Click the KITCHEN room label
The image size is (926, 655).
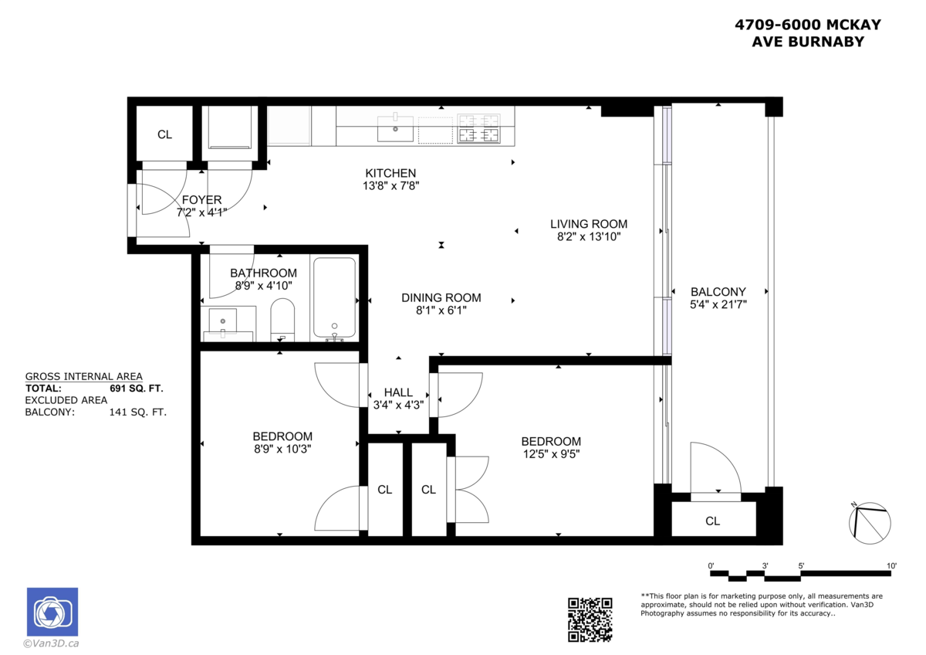pyautogui.click(x=390, y=173)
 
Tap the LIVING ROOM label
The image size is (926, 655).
pyautogui.click(x=588, y=224)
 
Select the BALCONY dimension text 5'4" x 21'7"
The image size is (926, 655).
pyautogui.click(x=718, y=304)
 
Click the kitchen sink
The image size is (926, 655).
pyautogui.click(x=395, y=130)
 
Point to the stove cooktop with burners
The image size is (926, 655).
pyautogui.click(x=478, y=129)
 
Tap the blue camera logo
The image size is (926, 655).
pyautogui.click(x=52, y=613)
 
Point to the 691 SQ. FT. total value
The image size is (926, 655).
pyautogui.click(x=136, y=389)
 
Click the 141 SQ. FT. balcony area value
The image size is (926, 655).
pyautogui.click(x=138, y=412)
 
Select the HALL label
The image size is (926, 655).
pyautogui.click(x=398, y=392)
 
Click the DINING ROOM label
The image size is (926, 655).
pyautogui.click(x=441, y=297)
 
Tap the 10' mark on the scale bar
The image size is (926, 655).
pyautogui.click(x=891, y=566)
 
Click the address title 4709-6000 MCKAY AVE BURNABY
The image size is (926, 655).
pyautogui.click(x=807, y=33)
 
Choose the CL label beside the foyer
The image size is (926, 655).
pyautogui.click(x=164, y=134)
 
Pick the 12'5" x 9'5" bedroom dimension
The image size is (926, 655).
pyautogui.click(x=550, y=454)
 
